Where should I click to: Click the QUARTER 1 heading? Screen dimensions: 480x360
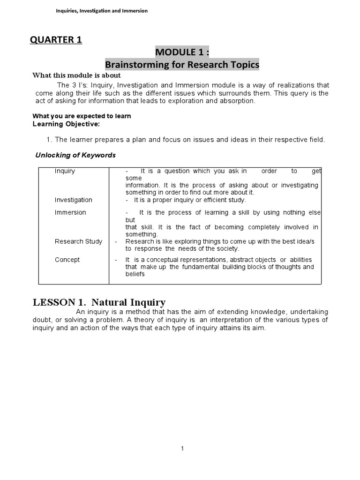(56, 40)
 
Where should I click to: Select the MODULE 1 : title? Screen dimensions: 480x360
(181, 52)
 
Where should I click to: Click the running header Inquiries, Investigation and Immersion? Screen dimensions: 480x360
(102, 11)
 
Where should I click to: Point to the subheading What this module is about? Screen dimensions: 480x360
(76, 75)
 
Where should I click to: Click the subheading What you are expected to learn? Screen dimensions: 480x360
(82, 116)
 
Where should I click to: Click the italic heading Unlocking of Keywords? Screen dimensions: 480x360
(75, 155)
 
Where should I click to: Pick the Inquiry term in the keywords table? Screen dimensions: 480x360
(65, 171)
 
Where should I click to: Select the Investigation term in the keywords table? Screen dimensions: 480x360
(73, 200)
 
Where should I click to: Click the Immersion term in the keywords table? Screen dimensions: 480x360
(70, 212)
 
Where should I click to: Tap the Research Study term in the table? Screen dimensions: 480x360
(78, 241)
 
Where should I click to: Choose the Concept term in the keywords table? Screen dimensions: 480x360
(67, 260)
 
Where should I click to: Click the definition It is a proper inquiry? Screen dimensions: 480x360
(189, 200)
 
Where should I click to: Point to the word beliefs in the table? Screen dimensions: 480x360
(135, 274)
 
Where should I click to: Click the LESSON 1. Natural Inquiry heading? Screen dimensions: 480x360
(99, 302)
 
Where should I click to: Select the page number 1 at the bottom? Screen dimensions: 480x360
(183, 449)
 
